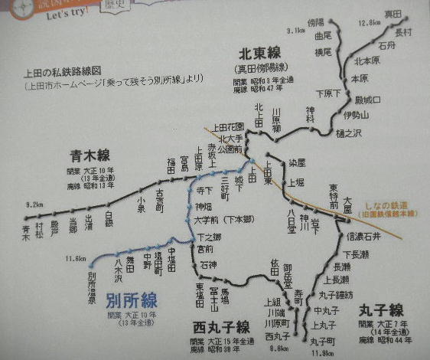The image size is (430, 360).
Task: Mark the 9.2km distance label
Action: coord(33,205)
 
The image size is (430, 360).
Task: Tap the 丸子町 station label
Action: coord(324,341)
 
